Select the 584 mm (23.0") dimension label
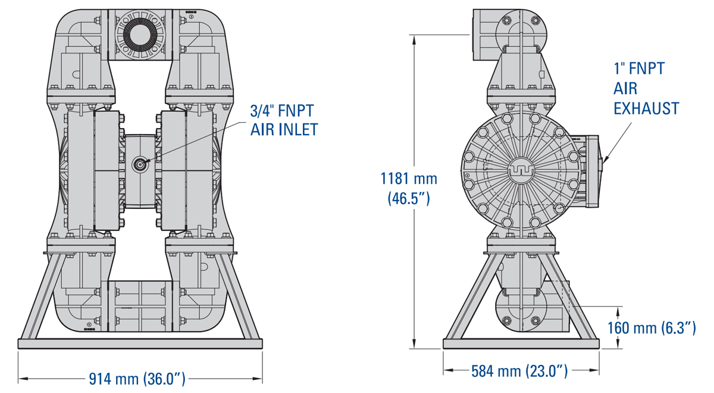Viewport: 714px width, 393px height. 519,371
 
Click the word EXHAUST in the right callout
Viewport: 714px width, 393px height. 646,108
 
